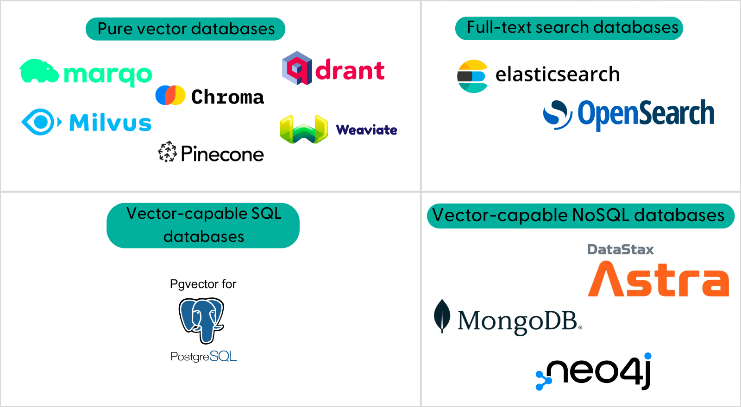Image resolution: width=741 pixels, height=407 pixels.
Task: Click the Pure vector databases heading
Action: click(186, 29)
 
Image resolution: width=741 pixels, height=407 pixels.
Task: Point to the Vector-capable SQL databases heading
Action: click(203, 225)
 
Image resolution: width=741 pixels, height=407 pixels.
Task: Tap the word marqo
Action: click(107, 74)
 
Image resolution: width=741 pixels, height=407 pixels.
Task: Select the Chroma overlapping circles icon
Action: click(170, 95)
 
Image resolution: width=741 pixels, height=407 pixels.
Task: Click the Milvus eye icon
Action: click(41, 122)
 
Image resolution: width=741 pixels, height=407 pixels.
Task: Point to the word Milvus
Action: click(110, 123)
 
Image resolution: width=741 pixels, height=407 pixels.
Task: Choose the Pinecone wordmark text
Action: click(222, 154)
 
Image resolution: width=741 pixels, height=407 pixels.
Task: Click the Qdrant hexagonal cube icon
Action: click(297, 68)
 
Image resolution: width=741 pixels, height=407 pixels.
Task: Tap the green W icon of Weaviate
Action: click(303, 129)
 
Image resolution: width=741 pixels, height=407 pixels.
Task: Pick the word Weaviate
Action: click(366, 129)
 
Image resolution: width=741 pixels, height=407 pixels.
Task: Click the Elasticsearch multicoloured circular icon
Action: click(472, 76)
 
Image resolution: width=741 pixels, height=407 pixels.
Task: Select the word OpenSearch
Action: click(645, 113)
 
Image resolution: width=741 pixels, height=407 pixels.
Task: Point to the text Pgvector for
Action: click(203, 284)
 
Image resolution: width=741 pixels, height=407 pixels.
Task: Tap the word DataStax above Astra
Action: click(621, 250)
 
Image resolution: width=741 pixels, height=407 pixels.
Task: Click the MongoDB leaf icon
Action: click(441, 316)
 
